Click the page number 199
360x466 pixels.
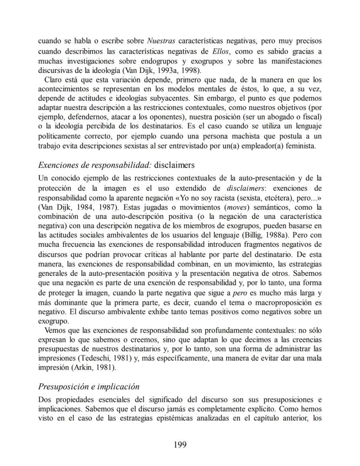point(180,444)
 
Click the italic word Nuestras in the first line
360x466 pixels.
point(161,41)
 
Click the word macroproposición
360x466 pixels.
point(282,303)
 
